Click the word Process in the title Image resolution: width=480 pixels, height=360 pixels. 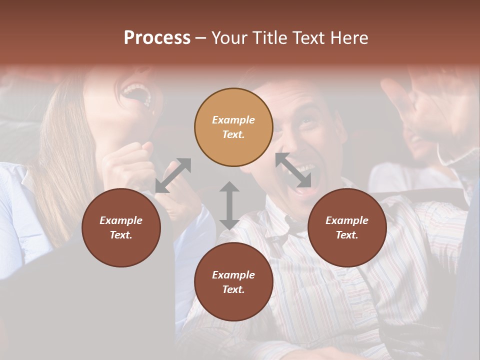point(157,38)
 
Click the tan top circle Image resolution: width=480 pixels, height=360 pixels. point(233,127)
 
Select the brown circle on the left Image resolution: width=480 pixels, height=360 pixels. point(121,227)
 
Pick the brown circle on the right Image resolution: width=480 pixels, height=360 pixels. point(347,227)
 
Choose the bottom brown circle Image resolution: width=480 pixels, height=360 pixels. point(233,282)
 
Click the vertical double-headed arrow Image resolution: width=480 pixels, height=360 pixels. point(229,205)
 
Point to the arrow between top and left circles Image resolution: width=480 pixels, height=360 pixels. point(173,175)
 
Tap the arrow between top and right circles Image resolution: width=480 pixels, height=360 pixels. point(293,170)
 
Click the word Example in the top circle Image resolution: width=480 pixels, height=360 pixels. point(233,120)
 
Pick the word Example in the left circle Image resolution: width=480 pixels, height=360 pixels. point(121,220)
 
